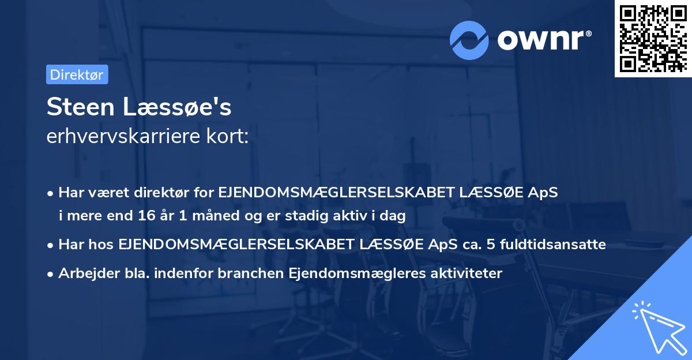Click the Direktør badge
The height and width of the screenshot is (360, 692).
(x=77, y=74)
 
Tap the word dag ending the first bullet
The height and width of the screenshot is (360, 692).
(x=396, y=216)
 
